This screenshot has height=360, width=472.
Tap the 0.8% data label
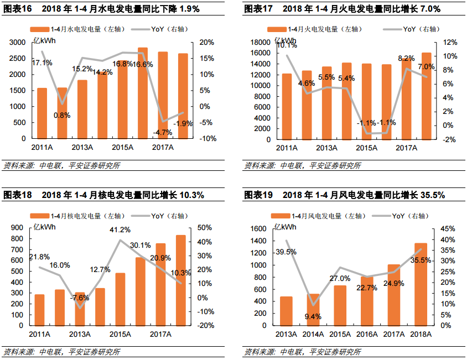click(x=62, y=115)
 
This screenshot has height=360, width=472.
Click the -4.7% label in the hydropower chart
click(x=162, y=132)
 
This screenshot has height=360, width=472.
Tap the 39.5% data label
click(x=286, y=252)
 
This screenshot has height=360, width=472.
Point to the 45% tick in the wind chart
click(x=449, y=229)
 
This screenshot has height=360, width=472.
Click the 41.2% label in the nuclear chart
click(x=120, y=229)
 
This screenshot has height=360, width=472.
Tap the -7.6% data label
click(x=80, y=298)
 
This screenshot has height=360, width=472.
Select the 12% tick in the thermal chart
click(x=449, y=43)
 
